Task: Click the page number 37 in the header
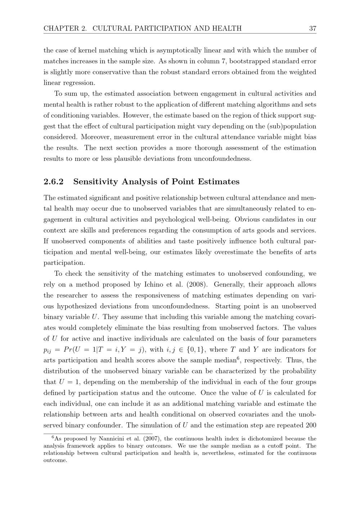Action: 312,28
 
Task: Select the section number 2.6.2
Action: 53,182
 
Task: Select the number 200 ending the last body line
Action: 310,425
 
